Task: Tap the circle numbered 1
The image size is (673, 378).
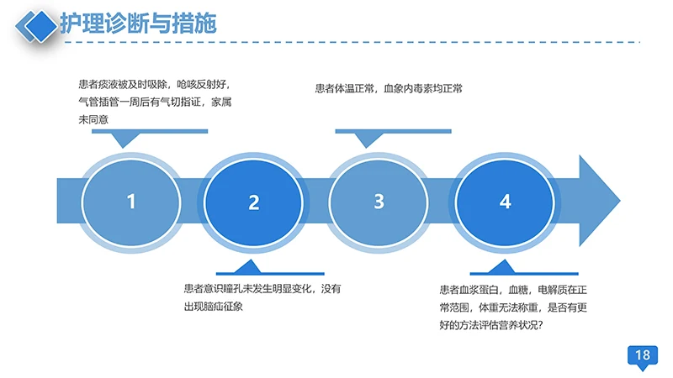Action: pyautogui.click(x=130, y=202)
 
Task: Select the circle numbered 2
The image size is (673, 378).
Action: pyautogui.click(x=254, y=202)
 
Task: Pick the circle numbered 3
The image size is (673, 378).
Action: pyautogui.click(x=379, y=202)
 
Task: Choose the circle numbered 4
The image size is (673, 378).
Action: pyautogui.click(x=505, y=202)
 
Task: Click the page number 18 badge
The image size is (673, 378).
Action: pyautogui.click(x=643, y=356)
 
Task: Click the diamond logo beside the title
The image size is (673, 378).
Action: pyautogui.click(x=38, y=24)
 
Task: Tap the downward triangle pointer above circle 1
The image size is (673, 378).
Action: pyautogui.click(x=125, y=139)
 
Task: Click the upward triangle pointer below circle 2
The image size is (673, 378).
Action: pyautogui.click(x=246, y=266)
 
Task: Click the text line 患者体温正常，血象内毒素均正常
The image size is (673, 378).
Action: pyautogui.click(x=389, y=87)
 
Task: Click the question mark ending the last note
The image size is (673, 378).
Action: pyautogui.click(x=549, y=324)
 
